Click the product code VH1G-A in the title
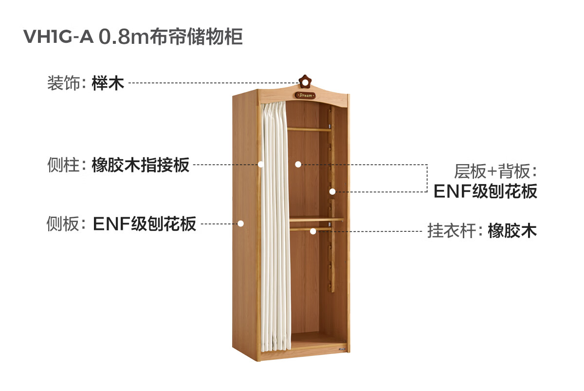pyautogui.click(x=58, y=37)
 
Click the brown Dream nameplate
pyautogui.click(x=305, y=95)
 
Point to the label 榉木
pyautogui.click(x=108, y=83)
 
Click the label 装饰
pyautogui.click(x=63, y=83)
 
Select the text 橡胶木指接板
pyautogui.click(x=141, y=165)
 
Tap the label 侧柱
pyautogui.click(x=63, y=165)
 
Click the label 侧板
pyautogui.click(x=63, y=223)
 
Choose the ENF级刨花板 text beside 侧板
pyautogui.click(x=145, y=223)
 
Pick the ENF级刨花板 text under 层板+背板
pyautogui.click(x=485, y=191)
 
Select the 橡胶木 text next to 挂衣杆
pyautogui.click(x=512, y=230)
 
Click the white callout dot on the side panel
pyautogui.click(x=240, y=223)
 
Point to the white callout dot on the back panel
pyautogui.click(x=298, y=165)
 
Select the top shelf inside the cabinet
pyautogui.click(x=309, y=129)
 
